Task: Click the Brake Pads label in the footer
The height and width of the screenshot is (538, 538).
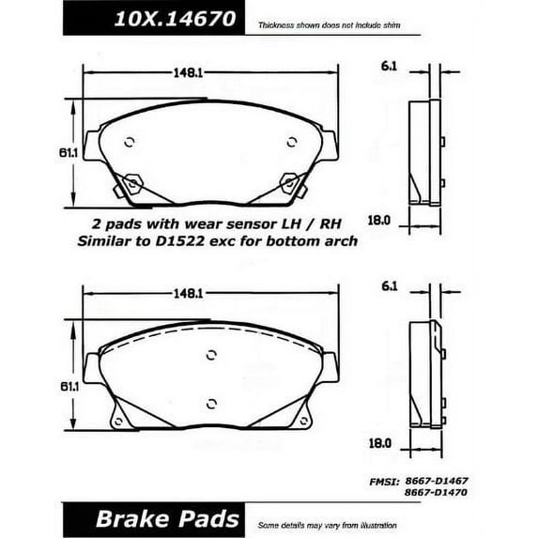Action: [153, 519]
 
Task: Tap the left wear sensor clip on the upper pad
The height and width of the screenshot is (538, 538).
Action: [132, 183]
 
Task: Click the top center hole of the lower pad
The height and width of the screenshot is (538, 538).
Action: [211, 354]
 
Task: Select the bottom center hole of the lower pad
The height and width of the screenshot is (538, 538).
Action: [211, 405]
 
